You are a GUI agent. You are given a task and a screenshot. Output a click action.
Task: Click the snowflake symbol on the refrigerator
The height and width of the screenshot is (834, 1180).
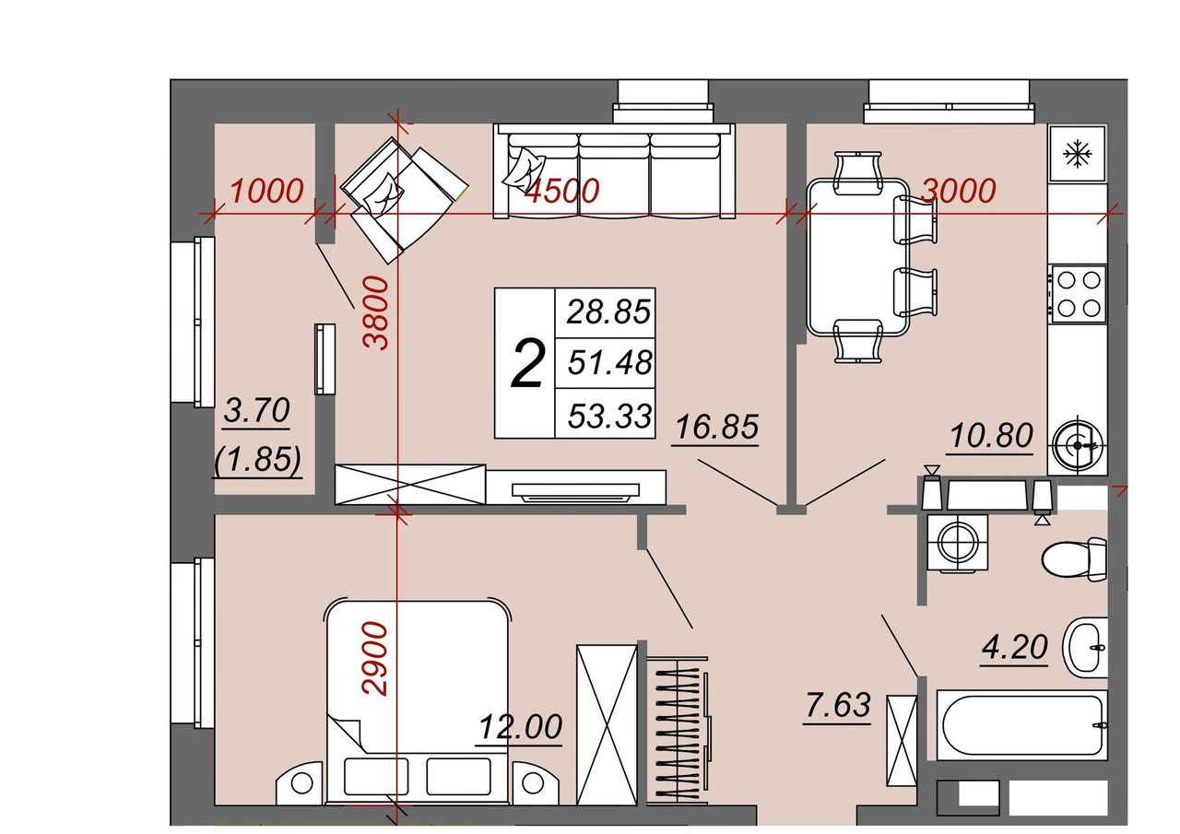(x=1078, y=154)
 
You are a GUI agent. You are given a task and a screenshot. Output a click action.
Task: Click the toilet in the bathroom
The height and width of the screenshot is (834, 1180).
(x=1075, y=559)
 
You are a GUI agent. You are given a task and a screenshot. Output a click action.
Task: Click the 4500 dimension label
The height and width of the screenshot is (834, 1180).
(x=562, y=190)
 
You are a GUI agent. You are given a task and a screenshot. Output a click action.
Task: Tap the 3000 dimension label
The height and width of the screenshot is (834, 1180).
(x=959, y=190)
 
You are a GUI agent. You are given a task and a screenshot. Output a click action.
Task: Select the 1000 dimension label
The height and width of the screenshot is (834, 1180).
(x=267, y=191)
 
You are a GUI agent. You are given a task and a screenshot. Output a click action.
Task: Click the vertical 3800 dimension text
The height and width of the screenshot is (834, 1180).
(x=376, y=313)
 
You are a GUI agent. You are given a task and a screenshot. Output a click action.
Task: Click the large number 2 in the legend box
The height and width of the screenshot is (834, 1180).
(x=526, y=364)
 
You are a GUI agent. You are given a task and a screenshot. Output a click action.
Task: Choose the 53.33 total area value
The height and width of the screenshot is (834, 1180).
(x=609, y=416)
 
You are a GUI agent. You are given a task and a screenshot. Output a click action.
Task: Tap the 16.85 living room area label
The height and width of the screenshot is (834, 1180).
(x=717, y=426)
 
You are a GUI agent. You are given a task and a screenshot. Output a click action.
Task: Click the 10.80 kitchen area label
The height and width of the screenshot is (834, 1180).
(x=991, y=436)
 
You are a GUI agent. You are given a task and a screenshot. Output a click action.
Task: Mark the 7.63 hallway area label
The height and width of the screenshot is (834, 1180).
(x=838, y=705)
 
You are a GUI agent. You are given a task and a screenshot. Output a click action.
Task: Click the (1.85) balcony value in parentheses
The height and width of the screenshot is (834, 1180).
(x=257, y=459)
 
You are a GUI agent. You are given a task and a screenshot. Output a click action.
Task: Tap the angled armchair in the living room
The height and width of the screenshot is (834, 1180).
(x=404, y=200)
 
